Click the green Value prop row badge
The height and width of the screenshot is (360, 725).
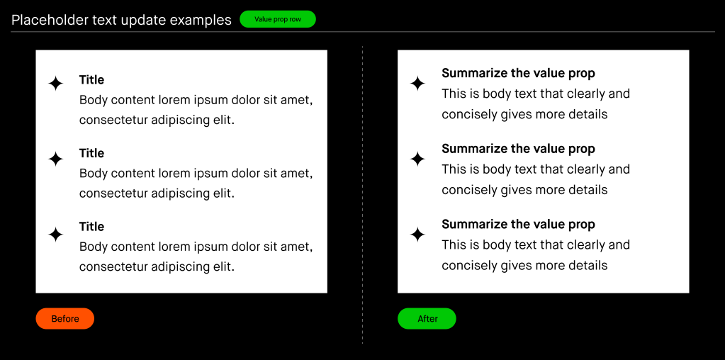tap(277, 19)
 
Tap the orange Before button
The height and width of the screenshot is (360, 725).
tap(64, 318)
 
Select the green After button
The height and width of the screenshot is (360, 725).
tap(427, 318)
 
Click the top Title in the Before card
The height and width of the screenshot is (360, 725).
tap(91, 80)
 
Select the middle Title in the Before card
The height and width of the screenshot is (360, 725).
tap(91, 153)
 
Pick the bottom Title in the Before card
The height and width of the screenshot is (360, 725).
tap(91, 227)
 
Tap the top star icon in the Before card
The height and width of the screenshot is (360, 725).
tap(55, 84)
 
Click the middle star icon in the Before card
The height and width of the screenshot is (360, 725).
tap(55, 159)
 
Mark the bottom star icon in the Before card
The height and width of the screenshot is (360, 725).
tap(55, 235)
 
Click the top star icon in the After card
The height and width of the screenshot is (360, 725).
tap(417, 84)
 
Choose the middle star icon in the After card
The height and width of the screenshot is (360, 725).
tap(417, 159)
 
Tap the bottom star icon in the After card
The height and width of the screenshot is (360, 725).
tap(417, 235)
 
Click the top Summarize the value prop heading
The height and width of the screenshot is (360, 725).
tap(518, 73)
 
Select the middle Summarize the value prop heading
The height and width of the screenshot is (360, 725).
tap(518, 149)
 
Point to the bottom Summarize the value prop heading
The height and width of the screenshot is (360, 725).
tap(518, 224)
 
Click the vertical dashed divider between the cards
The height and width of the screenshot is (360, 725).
tap(363, 195)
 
